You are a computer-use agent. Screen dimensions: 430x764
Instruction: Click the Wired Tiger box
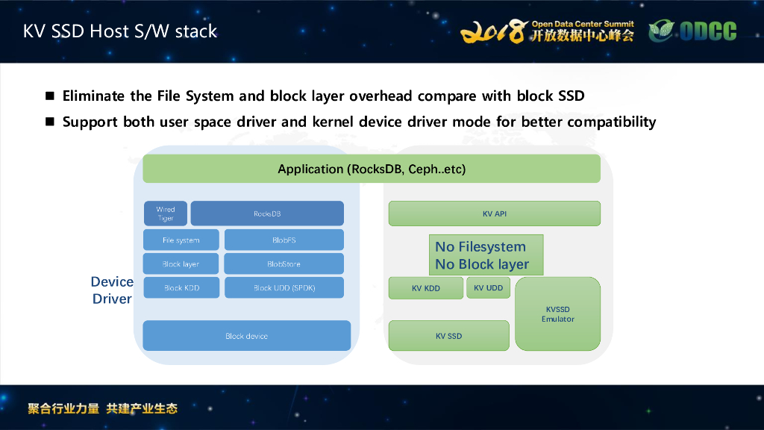[166, 214]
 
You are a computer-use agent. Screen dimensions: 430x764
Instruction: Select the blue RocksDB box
[267, 214]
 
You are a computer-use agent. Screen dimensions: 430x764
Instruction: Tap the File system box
[181, 240]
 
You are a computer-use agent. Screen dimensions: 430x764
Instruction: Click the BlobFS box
[284, 240]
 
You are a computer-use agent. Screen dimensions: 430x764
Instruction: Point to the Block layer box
[181, 264]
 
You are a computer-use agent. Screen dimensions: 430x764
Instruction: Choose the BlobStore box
[284, 264]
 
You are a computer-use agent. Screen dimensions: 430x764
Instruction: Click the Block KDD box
[181, 287]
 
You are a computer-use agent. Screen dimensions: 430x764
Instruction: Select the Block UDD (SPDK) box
[284, 287]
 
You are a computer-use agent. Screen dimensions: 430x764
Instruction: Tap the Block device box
[246, 336]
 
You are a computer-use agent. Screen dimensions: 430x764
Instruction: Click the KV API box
[494, 214]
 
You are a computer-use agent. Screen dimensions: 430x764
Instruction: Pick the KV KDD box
[426, 288]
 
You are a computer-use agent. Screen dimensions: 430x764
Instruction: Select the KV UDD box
[489, 287]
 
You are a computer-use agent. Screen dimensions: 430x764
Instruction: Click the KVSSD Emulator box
[557, 314]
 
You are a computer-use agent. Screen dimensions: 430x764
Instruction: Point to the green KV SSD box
[448, 336]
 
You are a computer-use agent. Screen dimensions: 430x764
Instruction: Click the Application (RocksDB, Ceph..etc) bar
[372, 169]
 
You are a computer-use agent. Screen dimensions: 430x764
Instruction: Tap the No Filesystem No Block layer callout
[485, 255]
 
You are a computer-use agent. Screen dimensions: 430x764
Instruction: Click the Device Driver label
[112, 290]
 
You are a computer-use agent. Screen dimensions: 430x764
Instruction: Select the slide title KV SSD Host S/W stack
[120, 31]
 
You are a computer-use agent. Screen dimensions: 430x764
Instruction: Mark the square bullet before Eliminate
[50, 96]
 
